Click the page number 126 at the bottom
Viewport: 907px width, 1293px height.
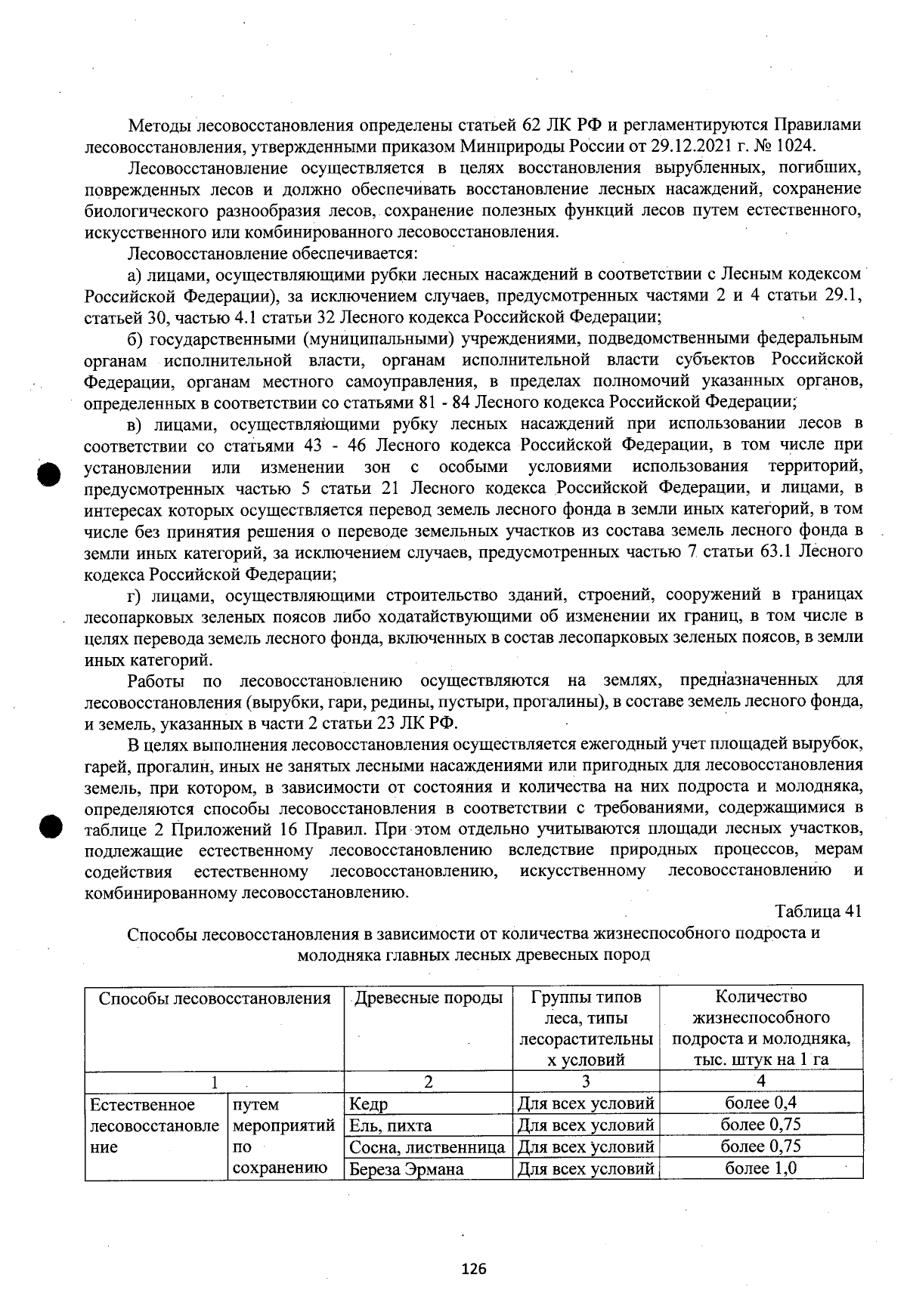pyautogui.click(x=474, y=1268)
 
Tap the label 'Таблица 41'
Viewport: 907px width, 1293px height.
pyautogui.click(x=819, y=911)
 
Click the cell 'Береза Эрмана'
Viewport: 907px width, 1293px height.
pyautogui.click(x=406, y=1169)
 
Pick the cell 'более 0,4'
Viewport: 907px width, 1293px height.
pyautogui.click(x=760, y=1103)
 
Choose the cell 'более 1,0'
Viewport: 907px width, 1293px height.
pyautogui.click(x=760, y=1168)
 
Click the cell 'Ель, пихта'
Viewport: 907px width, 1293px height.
pyautogui.click(x=390, y=1125)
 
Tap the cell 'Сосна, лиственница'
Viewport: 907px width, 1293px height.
pyautogui.click(x=427, y=1147)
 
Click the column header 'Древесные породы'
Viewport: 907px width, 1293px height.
pyautogui.click(x=428, y=998)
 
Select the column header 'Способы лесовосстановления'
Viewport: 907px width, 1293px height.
pyautogui.click(x=215, y=998)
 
